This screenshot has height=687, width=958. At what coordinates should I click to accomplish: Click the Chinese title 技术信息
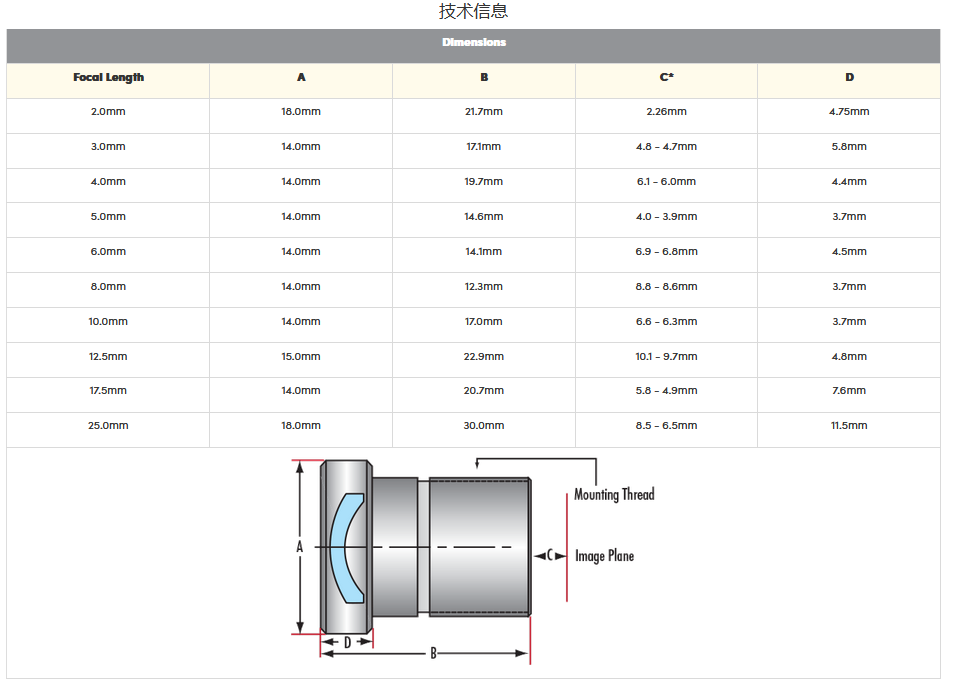pos(474,11)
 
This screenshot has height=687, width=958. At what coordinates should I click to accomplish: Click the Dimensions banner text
pos(474,42)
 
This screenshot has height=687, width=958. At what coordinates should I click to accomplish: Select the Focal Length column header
pos(108,78)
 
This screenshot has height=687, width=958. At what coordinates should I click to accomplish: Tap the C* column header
pos(667,77)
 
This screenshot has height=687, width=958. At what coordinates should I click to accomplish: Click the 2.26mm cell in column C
pos(667,111)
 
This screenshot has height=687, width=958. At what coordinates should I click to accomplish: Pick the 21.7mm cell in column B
pos(484,111)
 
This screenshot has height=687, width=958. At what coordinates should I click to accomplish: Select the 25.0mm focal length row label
pos(108,425)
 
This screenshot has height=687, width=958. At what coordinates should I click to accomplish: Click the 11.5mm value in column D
pos(849,425)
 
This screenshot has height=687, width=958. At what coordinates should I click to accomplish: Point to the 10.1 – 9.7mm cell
pos(667,356)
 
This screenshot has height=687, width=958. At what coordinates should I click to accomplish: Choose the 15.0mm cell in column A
pos(301,356)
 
